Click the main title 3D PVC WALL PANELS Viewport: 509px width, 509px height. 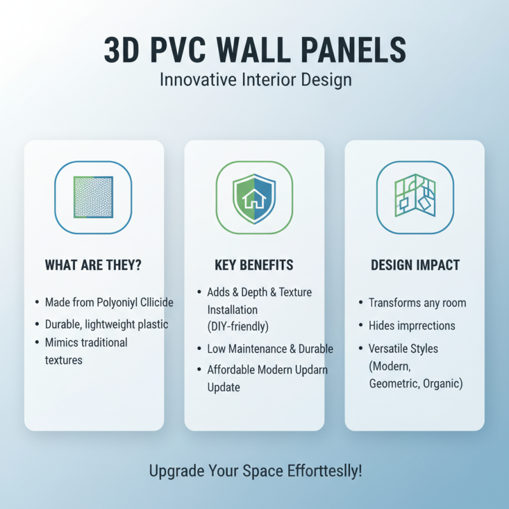coord(254,51)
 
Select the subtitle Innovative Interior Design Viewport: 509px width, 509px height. coord(254,81)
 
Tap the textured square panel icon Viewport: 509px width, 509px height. coord(94,197)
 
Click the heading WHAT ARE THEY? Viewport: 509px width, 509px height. coord(94,265)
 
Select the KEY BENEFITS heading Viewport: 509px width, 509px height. coord(254,265)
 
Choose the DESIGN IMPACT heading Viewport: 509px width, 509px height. coord(414,265)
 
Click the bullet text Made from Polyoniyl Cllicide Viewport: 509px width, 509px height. coord(109,302)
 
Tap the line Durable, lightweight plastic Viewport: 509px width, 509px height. coord(106,324)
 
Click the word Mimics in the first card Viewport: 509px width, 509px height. coord(61,342)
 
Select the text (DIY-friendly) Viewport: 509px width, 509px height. coord(238,326)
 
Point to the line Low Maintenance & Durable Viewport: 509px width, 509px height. coord(270,349)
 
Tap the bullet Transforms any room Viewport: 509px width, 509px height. coord(417,303)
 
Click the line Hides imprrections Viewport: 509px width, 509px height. coord(412,326)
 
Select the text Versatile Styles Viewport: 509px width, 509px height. coord(403,349)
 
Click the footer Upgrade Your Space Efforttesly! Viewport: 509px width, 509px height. coord(255,471)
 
